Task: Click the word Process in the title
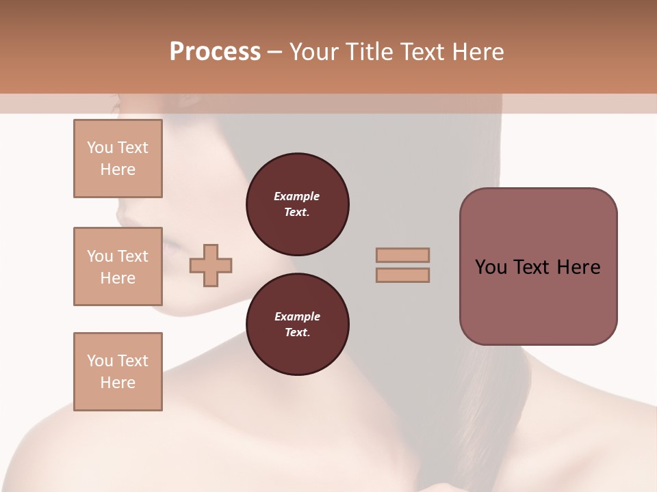215,52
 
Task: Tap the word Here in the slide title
477,52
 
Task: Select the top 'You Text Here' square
118,159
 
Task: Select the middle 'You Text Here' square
118,266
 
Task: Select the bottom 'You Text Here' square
118,372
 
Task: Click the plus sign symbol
211,265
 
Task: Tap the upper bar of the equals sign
402,255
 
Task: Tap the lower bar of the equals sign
402,275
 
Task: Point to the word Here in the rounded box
578,267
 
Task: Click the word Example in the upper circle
297,196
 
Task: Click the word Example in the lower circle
297,316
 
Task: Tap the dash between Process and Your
274,52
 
